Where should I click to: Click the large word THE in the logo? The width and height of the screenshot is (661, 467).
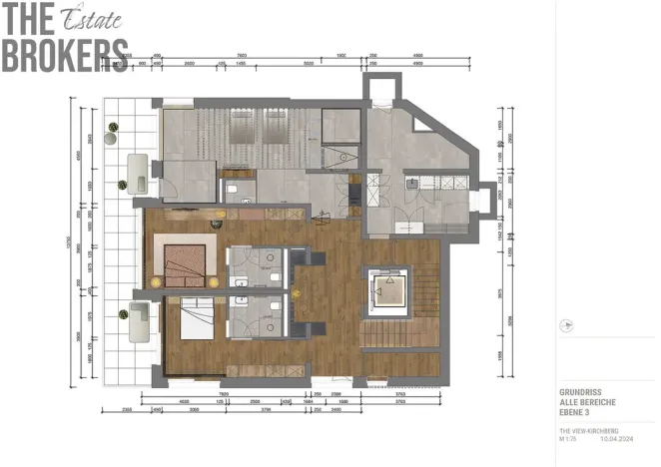tap(30, 19)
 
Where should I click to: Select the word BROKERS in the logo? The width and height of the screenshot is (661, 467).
tap(64, 55)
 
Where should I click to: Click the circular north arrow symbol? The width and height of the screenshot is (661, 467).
tap(567, 324)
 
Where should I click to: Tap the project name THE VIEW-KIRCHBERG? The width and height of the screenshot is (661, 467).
tap(589, 430)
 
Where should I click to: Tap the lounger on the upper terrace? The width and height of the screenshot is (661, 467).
tap(139, 174)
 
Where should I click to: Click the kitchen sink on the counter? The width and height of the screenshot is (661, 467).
tap(410, 183)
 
